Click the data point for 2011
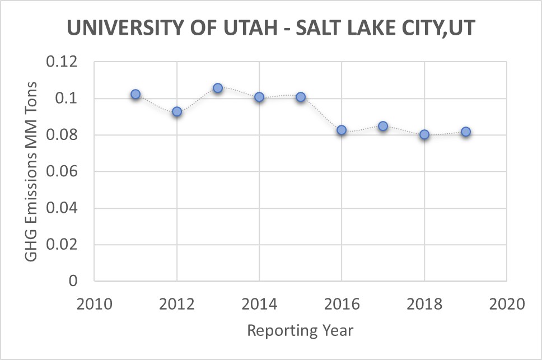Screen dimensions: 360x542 [x=135, y=95]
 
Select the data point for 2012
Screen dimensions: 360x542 [x=177, y=112]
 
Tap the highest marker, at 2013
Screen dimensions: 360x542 [x=218, y=88]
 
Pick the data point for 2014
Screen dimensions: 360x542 [x=259, y=97]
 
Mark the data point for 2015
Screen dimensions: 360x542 [x=301, y=97]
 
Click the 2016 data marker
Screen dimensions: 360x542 [x=342, y=130]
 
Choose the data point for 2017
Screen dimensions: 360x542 [x=383, y=126]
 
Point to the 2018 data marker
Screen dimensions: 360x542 [x=424, y=134]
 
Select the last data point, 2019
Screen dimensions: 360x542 [x=465, y=132]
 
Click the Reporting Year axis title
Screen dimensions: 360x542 [x=300, y=330]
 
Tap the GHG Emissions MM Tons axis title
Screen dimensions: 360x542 [x=31, y=171]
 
